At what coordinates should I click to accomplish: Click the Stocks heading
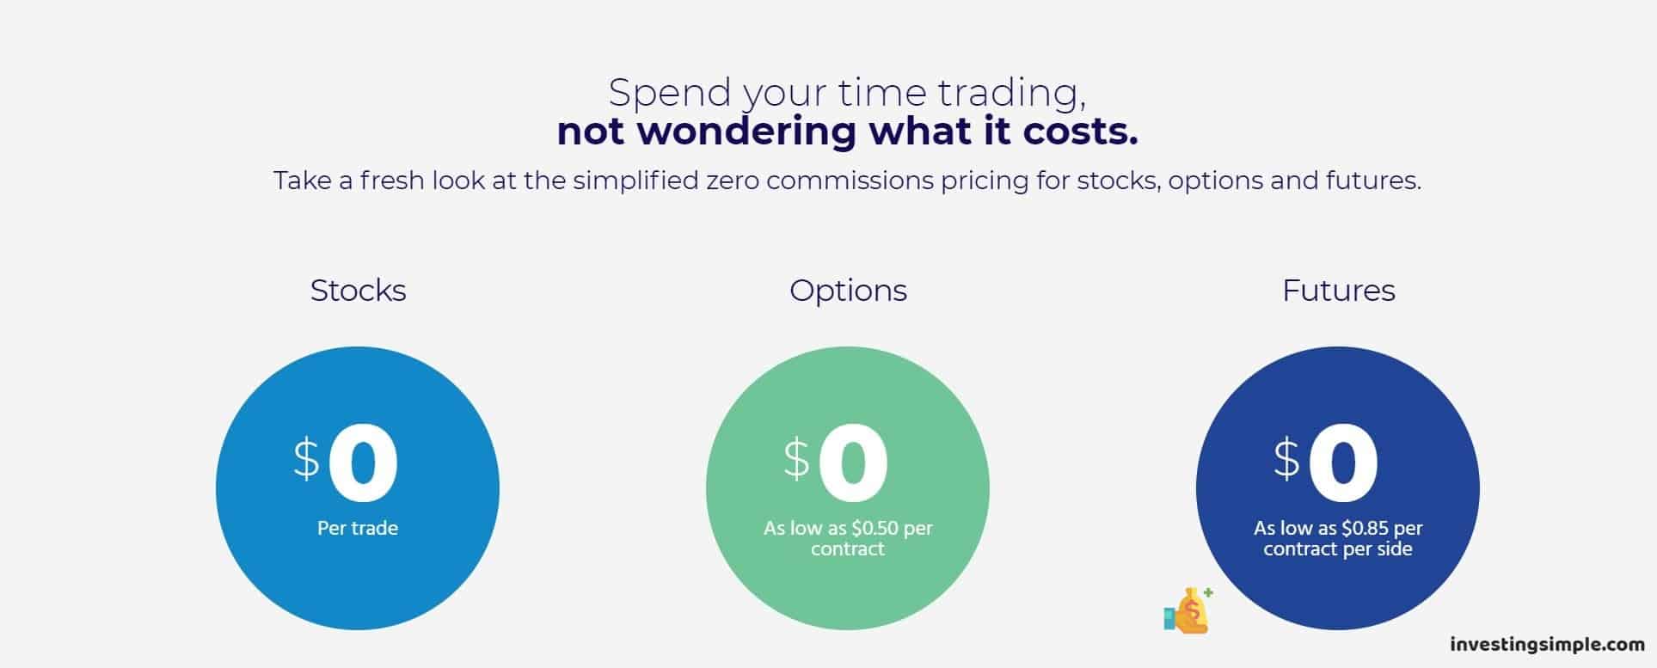(358, 291)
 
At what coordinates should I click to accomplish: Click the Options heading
(848, 291)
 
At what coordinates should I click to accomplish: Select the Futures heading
(1338, 291)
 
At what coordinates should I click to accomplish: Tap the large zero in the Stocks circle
(363, 464)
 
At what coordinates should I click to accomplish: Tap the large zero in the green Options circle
(853, 464)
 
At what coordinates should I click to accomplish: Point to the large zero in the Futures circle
(1343, 464)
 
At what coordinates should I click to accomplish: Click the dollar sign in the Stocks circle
(306, 457)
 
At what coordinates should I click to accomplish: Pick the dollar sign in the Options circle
(796, 457)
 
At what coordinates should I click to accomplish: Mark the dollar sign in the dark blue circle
(1286, 457)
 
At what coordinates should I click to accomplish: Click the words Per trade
(358, 528)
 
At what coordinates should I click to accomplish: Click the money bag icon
(1189, 611)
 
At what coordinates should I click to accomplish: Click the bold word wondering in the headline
(746, 132)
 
